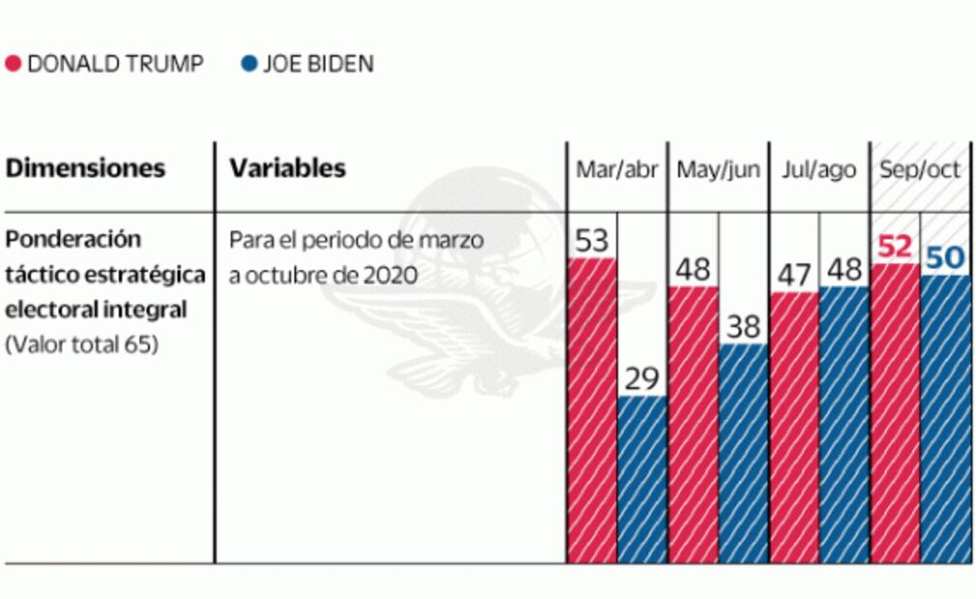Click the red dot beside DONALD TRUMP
click(14, 65)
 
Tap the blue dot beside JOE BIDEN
click(248, 65)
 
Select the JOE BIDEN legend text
click(318, 65)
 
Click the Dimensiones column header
click(85, 168)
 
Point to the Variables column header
click(287, 168)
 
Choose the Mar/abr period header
click(617, 170)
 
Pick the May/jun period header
click(718, 170)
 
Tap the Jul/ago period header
click(819, 170)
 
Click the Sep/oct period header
click(920, 170)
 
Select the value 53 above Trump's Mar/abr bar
click(591, 241)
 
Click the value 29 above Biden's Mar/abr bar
click(642, 379)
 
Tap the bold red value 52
click(895, 246)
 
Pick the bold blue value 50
click(945, 257)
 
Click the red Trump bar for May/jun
click(693, 425)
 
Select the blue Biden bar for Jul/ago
click(845, 425)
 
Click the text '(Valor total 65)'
click(81, 345)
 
